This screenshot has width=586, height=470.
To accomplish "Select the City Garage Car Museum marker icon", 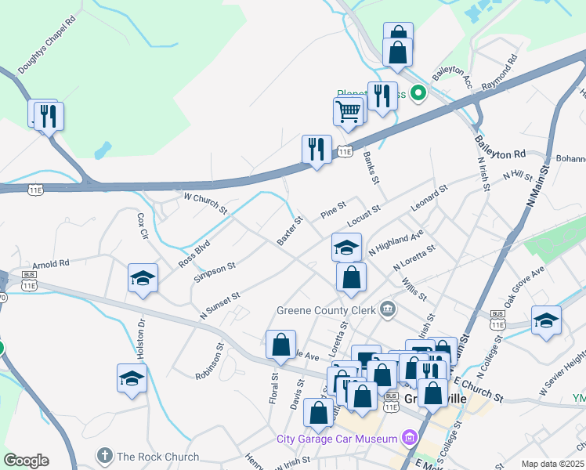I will click(x=409, y=437).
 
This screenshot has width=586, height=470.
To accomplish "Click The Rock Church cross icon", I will click(x=104, y=456).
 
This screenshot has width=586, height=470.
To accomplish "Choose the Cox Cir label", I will click(x=142, y=225).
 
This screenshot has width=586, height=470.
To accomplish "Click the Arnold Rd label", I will click(x=51, y=264).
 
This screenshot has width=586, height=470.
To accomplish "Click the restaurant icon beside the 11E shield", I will click(x=316, y=148).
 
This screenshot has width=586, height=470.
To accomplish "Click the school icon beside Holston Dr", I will click(x=132, y=378).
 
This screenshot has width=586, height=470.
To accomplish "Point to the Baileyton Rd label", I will click(x=499, y=148).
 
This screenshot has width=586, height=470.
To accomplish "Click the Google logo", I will click(x=26, y=461).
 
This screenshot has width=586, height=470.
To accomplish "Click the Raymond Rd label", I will click(x=501, y=70).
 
